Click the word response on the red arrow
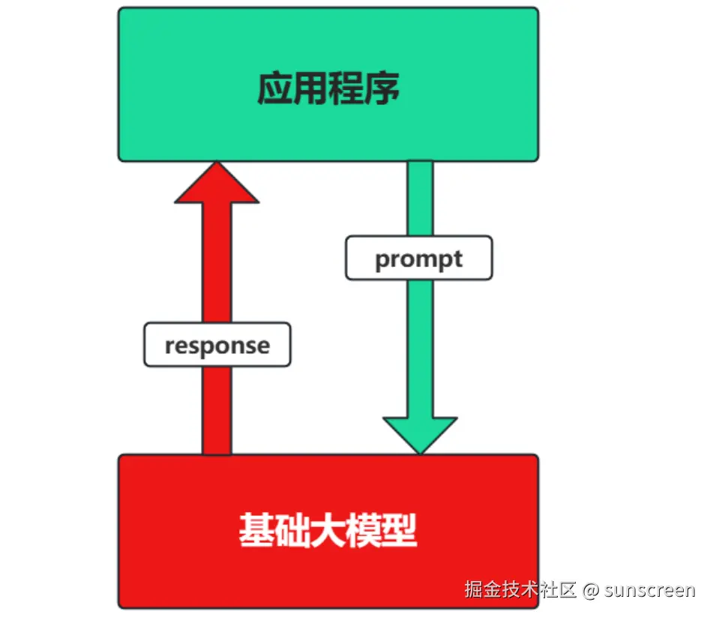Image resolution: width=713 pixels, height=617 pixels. point(217,346)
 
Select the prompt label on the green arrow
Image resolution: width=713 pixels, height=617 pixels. point(418,259)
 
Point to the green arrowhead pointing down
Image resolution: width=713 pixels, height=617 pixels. point(420,433)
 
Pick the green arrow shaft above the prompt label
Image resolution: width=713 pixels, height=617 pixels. point(420,198)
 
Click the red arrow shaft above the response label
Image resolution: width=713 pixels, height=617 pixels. point(217,262)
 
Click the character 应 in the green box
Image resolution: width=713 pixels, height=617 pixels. point(275,88)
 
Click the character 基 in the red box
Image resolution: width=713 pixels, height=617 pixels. point(256,531)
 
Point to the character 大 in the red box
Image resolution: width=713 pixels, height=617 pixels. point(328,531)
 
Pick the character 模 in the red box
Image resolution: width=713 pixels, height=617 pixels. point(364,531)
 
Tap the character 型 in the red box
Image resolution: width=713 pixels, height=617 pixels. point(400,531)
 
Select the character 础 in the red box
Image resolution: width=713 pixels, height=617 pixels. point(292,531)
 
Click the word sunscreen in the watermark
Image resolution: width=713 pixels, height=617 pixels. point(650,590)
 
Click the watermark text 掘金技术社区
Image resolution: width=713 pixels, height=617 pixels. point(520,590)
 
